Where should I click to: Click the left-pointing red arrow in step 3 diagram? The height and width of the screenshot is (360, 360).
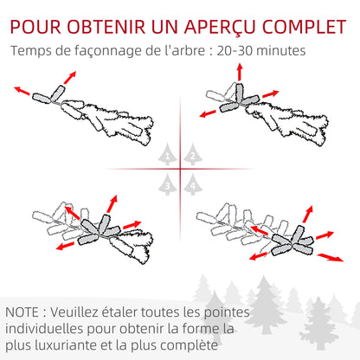click(x=65, y=245)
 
